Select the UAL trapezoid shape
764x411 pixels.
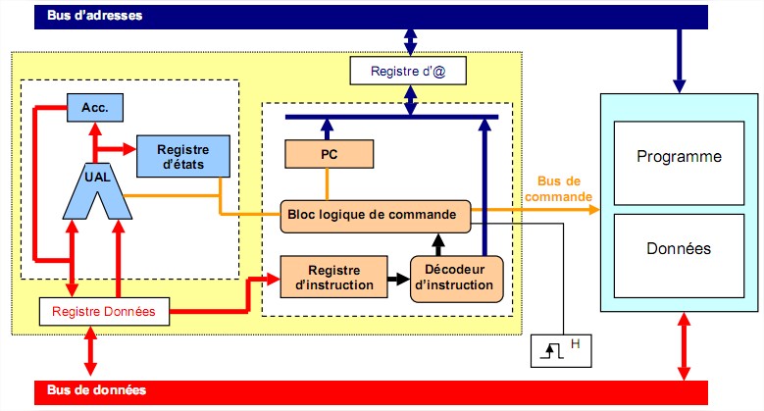(x=98, y=187)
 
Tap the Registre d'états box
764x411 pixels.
(x=181, y=155)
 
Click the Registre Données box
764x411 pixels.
(x=103, y=312)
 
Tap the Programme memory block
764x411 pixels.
(x=679, y=157)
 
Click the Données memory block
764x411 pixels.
(x=679, y=249)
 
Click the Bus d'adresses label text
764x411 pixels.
(x=95, y=16)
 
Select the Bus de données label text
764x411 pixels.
(x=97, y=390)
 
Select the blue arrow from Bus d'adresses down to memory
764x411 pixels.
(x=678, y=58)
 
